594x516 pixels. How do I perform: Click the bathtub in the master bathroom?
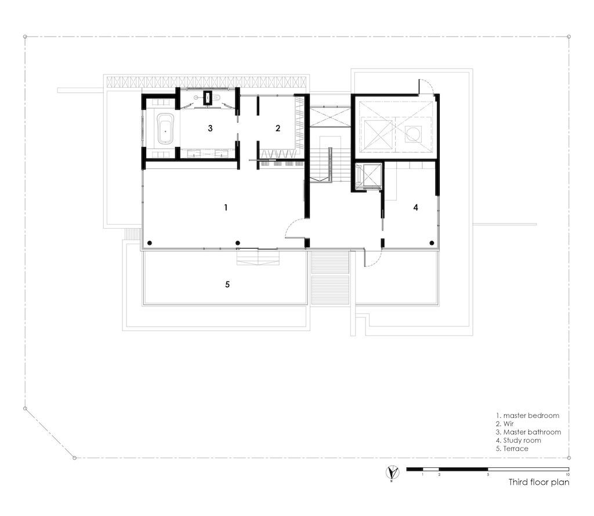pyautogui.click(x=165, y=128)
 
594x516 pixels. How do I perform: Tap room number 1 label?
pyautogui.click(x=226, y=207)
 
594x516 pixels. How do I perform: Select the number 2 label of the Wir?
pyautogui.click(x=278, y=128)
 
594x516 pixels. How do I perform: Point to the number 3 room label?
pyautogui.click(x=210, y=128)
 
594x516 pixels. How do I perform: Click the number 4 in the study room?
pyautogui.click(x=415, y=207)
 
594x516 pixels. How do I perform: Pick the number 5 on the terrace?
pyautogui.click(x=227, y=284)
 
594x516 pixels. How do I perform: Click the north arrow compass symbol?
pyautogui.click(x=392, y=472)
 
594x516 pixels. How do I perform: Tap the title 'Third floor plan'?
pyautogui.click(x=539, y=482)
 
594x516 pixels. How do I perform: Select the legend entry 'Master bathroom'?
pyautogui.click(x=528, y=432)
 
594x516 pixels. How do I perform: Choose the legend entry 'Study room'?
pyautogui.click(x=519, y=441)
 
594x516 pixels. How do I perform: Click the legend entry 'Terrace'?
pyautogui.click(x=512, y=449)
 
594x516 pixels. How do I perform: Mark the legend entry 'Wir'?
pyautogui.click(x=505, y=424)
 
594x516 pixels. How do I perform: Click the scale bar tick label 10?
pyautogui.click(x=567, y=474)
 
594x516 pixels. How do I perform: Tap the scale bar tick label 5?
pyautogui.click(x=488, y=474)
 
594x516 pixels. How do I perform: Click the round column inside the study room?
pyautogui.click(x=432, y=243)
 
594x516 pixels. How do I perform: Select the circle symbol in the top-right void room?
pyautogui.click(x=412, y=134)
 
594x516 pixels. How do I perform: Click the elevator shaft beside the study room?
pyautogui.click(x=367, y=176)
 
